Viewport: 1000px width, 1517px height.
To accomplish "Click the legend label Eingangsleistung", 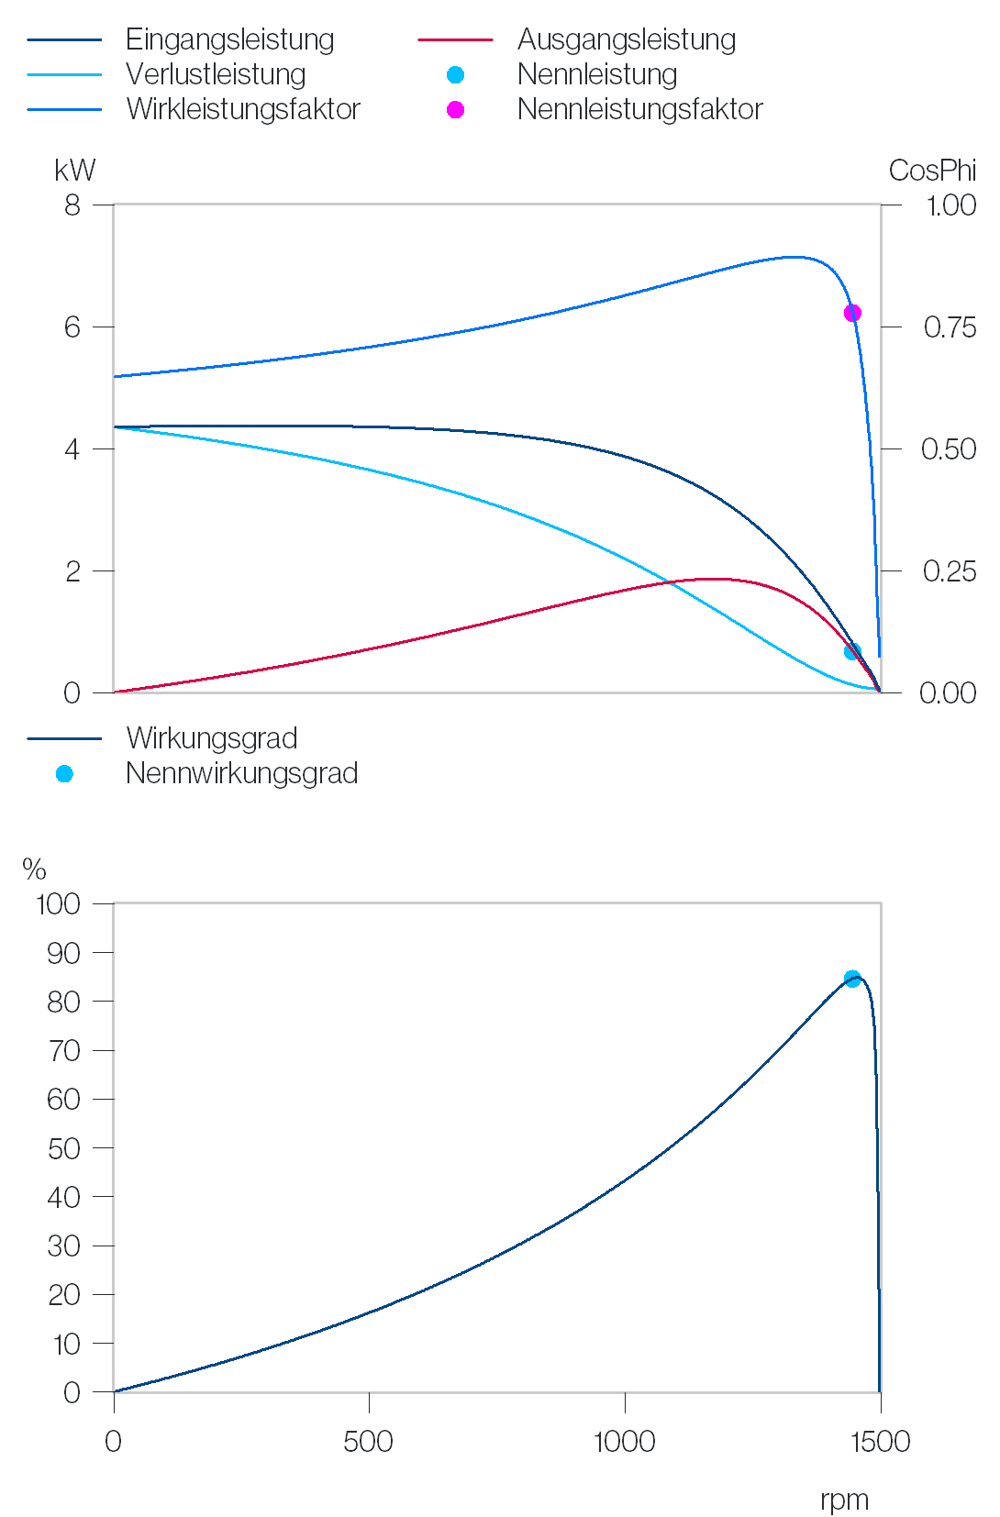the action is coord(229,40).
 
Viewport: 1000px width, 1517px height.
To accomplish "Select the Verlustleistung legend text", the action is coord(216,74).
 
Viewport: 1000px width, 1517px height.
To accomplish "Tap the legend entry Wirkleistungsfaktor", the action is coord(243,109).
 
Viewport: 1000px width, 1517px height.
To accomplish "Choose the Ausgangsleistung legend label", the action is coord(627,40).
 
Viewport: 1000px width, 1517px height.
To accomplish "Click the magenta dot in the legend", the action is coord(455,110).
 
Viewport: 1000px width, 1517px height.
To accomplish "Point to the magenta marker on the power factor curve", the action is coord(852,313).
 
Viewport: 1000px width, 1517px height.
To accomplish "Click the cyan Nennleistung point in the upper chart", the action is coord(852,651).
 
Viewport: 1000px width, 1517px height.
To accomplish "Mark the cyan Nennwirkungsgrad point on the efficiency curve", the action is coord(852,979).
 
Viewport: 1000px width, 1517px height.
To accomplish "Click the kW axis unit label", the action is coord(75,171).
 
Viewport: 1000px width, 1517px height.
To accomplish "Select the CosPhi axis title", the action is coord(932,171).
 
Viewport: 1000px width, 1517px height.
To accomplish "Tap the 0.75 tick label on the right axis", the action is coord(950,327).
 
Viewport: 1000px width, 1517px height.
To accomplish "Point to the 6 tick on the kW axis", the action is coord(72,327).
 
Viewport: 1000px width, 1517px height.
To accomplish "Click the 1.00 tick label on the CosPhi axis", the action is coord(951,205).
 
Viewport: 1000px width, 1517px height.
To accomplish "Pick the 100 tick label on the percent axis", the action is coord(59,904).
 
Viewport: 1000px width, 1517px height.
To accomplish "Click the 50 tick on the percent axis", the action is coord(63,1149).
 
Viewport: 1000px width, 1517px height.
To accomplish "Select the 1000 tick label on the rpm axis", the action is coord(625,1442).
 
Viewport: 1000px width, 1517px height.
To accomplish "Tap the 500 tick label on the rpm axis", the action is coord(369,1442).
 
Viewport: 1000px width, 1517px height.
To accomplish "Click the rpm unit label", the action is coord(844,1500).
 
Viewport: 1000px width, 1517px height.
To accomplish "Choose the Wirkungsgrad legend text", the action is coord(211,739).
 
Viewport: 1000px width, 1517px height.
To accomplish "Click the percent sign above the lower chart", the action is coord(34,869).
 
